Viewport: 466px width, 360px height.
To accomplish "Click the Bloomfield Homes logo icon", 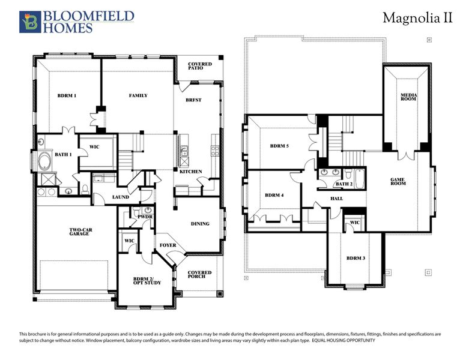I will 29,21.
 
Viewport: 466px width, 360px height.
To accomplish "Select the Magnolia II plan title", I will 417,19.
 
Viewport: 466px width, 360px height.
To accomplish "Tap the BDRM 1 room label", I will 67,96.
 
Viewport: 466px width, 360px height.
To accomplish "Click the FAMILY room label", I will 138,95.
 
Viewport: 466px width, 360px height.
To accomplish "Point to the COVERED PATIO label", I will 200,66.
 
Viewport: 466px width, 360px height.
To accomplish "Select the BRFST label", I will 193,100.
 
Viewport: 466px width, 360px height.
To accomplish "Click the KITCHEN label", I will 191,172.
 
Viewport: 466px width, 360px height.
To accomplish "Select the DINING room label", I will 200,224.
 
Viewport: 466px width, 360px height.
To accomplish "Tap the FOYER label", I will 168,245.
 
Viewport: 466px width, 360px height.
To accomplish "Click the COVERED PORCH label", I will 200,274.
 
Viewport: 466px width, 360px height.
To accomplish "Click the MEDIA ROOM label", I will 408,97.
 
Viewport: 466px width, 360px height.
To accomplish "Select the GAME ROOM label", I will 398,181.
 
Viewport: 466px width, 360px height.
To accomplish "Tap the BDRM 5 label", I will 279,146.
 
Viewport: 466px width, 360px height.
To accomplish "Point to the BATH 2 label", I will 343,184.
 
